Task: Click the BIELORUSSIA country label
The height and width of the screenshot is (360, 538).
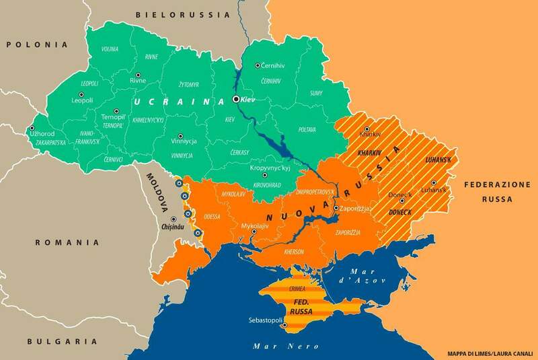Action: pos(174,14)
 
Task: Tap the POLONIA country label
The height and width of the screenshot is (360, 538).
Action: pos(37,44)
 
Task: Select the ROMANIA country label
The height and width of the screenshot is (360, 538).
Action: pos(67,242)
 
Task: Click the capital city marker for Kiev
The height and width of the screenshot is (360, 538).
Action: pos(236,99)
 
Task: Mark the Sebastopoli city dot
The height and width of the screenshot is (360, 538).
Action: pos(285,326)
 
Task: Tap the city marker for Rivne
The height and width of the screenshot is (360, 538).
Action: pos(138,75)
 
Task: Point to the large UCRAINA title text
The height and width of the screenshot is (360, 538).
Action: pos(178,101)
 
